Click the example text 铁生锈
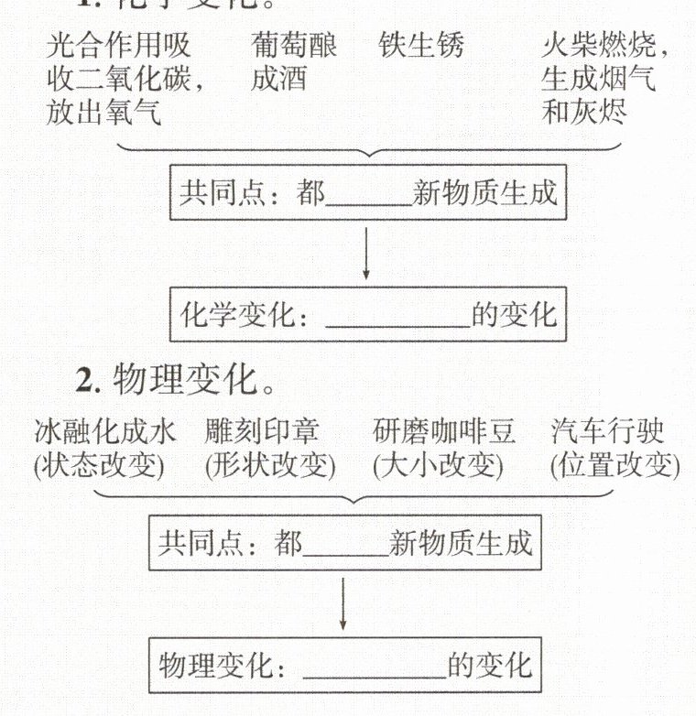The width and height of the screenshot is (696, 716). click(421, 47)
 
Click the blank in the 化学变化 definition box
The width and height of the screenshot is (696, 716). click(397, 317)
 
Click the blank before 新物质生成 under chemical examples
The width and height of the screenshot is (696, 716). click(367, 194)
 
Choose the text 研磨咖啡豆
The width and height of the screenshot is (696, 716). click(444, 431)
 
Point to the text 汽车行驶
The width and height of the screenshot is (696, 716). click(608, 431)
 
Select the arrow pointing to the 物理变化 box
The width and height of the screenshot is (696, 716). click(343, 603)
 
